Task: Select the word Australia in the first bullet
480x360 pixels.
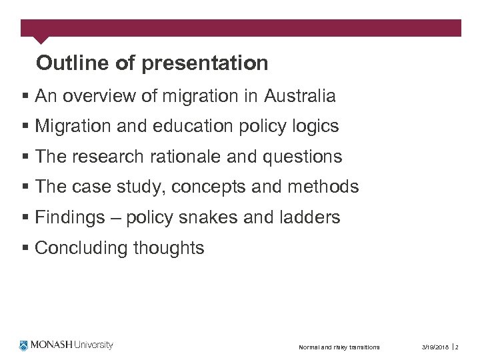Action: [299, 96]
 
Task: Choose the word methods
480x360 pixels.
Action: [323, 187]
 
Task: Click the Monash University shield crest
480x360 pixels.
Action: [25, 345]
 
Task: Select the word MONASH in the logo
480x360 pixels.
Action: [53, 345]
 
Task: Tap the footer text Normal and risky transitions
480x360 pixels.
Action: [339, 347]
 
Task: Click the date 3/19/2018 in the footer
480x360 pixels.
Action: [435, 347]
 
